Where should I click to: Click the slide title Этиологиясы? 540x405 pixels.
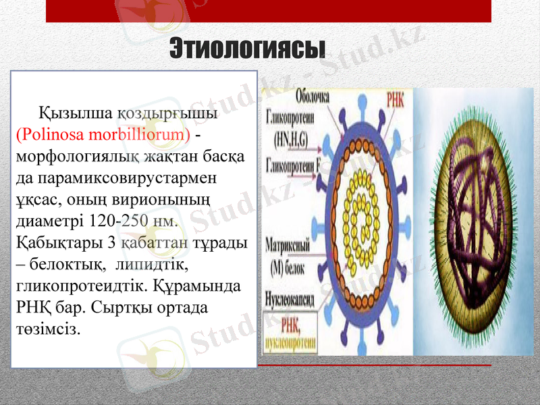click(x=248, y=48)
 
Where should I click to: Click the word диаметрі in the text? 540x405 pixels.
click(x=43, y=221)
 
